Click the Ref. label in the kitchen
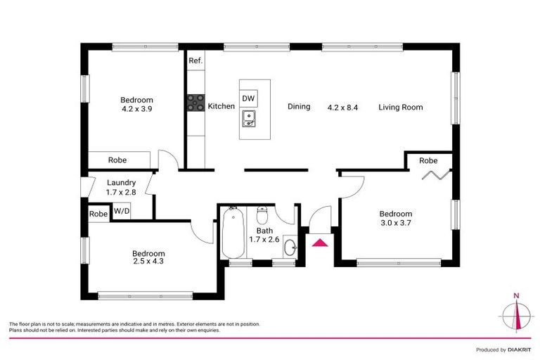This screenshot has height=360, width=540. point(195,60)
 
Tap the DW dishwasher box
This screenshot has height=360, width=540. point(248,98)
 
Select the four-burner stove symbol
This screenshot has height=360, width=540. point(195,104)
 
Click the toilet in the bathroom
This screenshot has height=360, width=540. point(262,213)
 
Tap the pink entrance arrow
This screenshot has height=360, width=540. point(320,243)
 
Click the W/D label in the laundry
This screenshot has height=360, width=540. point(122,210)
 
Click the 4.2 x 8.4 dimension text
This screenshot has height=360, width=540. point(343,108)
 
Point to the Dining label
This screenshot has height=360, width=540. point(299,107)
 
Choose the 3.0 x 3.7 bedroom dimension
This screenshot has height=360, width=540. point(396,224)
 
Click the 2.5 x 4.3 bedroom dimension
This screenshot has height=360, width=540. point(148,262)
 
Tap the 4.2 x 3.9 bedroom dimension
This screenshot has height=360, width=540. point(136,109)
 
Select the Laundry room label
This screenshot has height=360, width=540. point(121,183)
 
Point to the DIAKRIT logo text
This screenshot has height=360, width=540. point(521,349)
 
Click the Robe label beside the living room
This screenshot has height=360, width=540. point(428,161)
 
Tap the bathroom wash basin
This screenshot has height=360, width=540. point(292,245)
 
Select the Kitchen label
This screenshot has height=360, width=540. point(221,106)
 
